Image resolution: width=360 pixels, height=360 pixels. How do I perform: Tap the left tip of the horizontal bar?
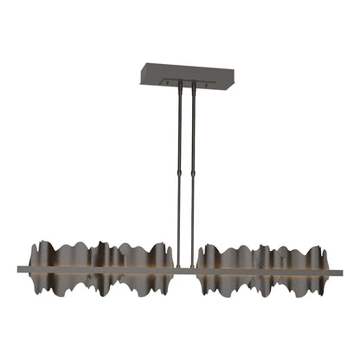click(19, 271)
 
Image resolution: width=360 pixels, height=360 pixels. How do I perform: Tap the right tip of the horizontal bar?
click(340, 271)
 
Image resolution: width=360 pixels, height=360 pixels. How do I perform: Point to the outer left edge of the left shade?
click(29, 260)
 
